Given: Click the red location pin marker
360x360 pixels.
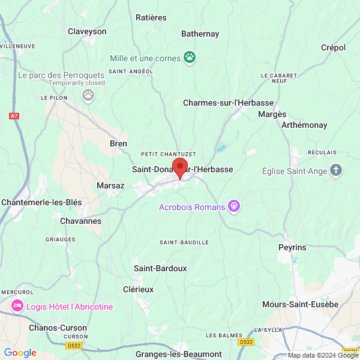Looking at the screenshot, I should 180,167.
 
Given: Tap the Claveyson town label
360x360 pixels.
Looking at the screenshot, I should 87,31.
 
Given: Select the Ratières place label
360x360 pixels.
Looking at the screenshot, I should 151,17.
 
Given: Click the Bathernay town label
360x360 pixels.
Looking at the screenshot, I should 200,34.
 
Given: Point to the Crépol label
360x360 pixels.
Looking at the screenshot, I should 334,47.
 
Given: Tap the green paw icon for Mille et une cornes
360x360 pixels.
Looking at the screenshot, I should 190,58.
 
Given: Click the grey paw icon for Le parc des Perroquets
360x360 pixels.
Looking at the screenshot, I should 89,94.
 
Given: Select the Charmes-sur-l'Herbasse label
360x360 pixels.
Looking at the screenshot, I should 228,103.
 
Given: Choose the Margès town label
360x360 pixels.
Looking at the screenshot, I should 272,114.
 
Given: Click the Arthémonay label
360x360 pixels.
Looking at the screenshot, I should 305,125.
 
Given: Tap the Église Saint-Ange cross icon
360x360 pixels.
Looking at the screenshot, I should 336,171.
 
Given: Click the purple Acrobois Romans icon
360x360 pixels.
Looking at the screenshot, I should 234,207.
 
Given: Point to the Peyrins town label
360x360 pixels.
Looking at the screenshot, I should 292,247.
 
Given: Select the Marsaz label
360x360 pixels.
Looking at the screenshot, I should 110,185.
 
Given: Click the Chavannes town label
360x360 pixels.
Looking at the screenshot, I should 81,221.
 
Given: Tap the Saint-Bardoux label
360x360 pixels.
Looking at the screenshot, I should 160,268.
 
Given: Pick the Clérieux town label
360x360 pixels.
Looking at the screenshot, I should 138,289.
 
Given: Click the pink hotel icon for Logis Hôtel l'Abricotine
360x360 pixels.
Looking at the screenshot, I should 18,307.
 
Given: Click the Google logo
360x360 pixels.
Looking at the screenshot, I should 20,353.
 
